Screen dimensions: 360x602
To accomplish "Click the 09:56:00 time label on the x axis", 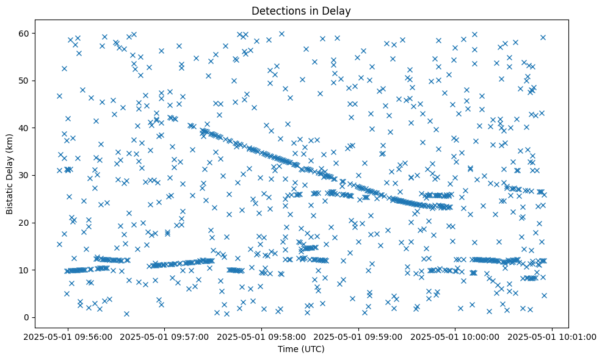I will click(68, 336).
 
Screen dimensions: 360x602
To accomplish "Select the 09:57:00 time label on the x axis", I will click(165, 336).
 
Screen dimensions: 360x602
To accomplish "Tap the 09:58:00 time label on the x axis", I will click(262, 336).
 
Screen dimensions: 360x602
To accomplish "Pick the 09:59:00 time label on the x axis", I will click(358, 336).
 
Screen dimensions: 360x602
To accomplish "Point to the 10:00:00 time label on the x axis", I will click(455, 336).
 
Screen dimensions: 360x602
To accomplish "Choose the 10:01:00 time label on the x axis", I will click(553, 336).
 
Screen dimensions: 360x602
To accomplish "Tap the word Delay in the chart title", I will click(339, 10).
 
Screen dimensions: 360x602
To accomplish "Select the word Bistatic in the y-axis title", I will click(10, 196).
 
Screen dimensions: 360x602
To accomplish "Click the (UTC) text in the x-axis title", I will click(314, 349).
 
